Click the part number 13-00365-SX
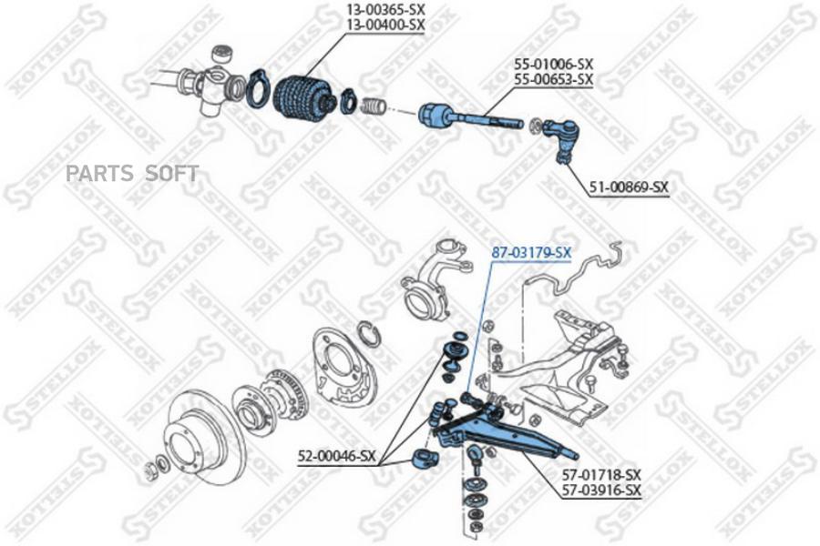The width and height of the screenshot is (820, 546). pos(386,9)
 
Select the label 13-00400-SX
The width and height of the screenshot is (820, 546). pos(386,25)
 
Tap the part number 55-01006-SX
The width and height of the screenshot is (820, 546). pos(554,65)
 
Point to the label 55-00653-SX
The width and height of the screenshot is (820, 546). pos(554,80)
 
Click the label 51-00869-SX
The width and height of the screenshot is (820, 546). pos(629,187)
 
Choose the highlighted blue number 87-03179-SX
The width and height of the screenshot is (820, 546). pos(531,253)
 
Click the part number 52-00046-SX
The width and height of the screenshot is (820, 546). pos(337,456)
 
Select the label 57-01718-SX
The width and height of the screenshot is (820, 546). pos(601,474)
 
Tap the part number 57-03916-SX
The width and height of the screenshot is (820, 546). pos(601,490)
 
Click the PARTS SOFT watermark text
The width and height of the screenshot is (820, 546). pos(132,173)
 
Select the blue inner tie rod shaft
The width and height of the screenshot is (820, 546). pos(471,118)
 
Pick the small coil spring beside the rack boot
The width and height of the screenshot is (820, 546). pos(373,106)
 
